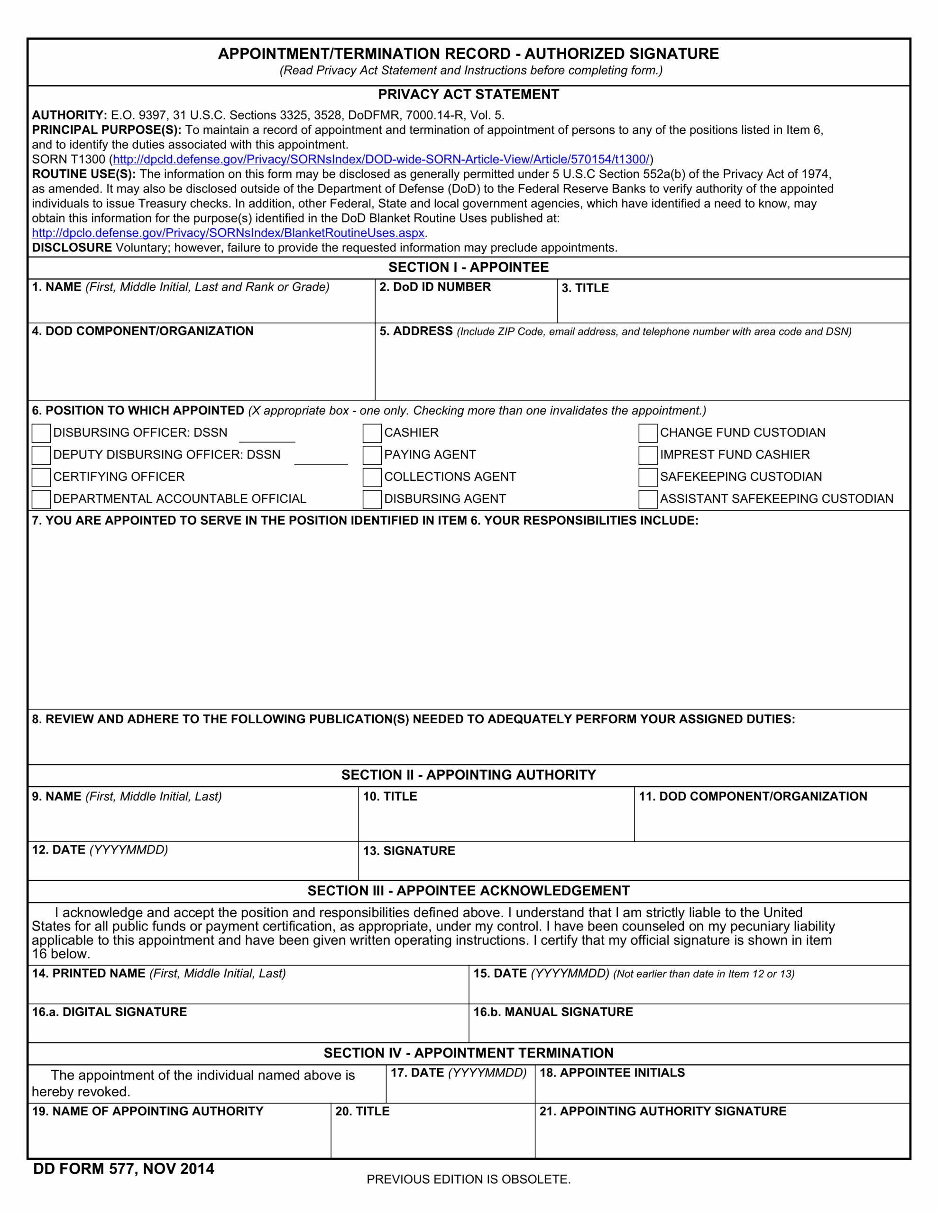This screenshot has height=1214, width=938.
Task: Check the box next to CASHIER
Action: pyautogui.click(x=371, y=433)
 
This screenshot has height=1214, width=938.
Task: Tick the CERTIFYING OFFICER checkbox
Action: pyautogui.click(x=41, y=477)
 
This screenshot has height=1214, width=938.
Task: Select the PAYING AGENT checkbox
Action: pyautogui.click(x=371, y=455)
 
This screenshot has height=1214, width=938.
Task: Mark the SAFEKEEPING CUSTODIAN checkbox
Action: pyautogui.click(x=648, y=477)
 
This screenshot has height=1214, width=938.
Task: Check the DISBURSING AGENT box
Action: pyautogui.click(x=371, y=499)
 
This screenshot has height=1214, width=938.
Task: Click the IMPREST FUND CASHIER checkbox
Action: pyautogui.click(x=648, y=455)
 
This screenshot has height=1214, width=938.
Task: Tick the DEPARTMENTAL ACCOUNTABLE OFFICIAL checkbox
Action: pyautogui.click(x=41, y=499)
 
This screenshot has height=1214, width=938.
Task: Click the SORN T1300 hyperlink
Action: pyautogui.click(x=381, y=159)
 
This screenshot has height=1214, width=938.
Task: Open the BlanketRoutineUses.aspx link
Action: pyautogui.click(x=228, y=233)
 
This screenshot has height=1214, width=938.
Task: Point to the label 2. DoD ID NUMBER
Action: pyautogui.click(x=435, y=287)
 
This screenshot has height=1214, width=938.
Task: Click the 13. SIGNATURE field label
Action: pyautogui.click(x=409, y=850)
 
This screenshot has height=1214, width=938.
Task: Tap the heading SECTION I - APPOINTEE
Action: pyautogui.click(x=468, y=267)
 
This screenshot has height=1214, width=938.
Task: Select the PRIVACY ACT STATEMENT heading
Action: pyautogui.click(x=468, y=94)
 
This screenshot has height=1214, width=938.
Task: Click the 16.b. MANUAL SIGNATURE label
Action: pyautogui.click(x=552, y=1012)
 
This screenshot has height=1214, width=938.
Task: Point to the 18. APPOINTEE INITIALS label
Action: pyautogui.click(x=612, y=1073)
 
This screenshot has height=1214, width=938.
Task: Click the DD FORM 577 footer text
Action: pyautogui.click(x=123, y=1169)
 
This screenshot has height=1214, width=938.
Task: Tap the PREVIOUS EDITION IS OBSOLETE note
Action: pyautogui.click(x=468, y=1179)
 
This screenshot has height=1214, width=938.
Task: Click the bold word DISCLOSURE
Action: pyautogui.click(x=72, y=248)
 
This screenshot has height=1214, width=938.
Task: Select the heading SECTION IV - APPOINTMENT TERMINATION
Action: pyautogui.click(x=468, y=1053)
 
